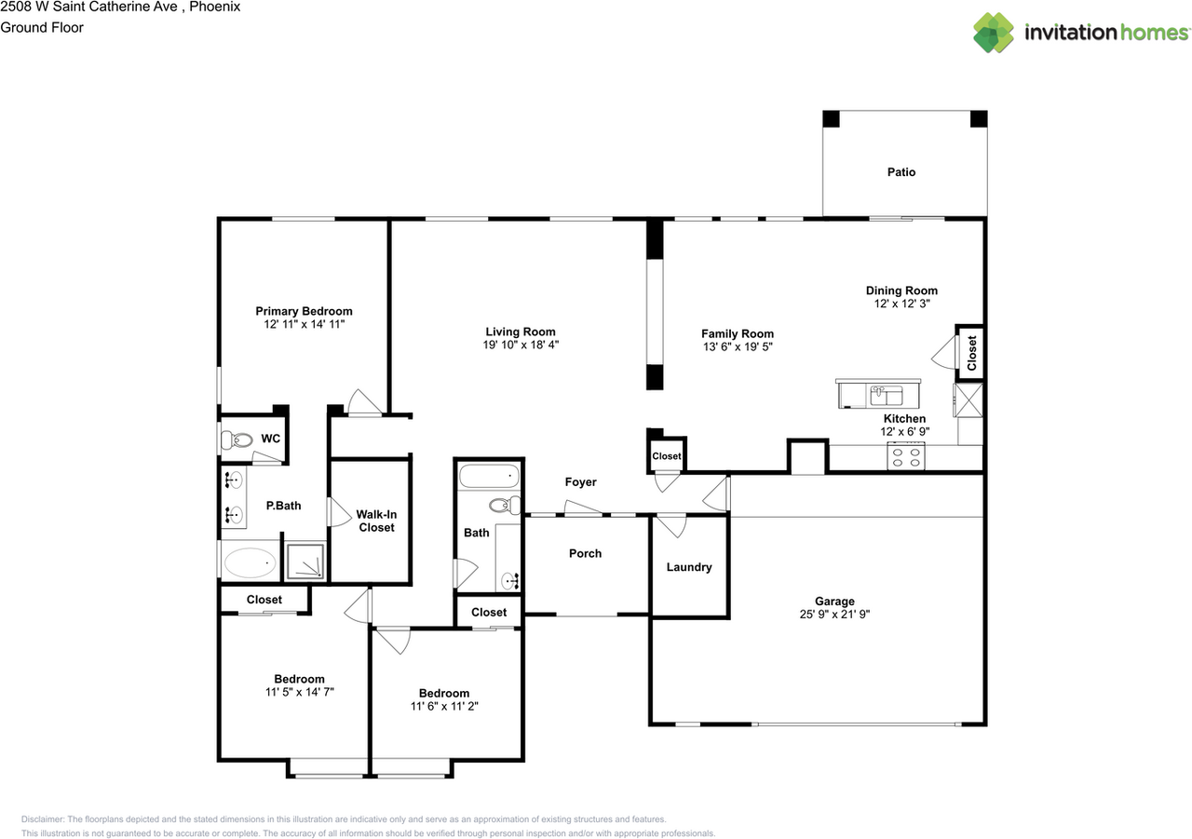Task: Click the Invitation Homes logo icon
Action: (994, 33)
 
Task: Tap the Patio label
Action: (901, 172)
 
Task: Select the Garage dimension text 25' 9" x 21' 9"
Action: (833, 615)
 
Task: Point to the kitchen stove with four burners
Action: (905, 457)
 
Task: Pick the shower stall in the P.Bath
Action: (305, 562)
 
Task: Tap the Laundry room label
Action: (689, 567)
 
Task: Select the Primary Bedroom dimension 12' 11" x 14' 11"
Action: (304, 325)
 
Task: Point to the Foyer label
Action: (580, 482)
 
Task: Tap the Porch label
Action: (585, 553)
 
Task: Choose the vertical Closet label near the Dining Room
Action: (971, 354)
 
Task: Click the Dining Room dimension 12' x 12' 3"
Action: (901, 304)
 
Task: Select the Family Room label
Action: (737, 333)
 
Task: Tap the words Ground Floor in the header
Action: (42, 27)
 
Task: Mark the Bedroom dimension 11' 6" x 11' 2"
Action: (443, 706)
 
